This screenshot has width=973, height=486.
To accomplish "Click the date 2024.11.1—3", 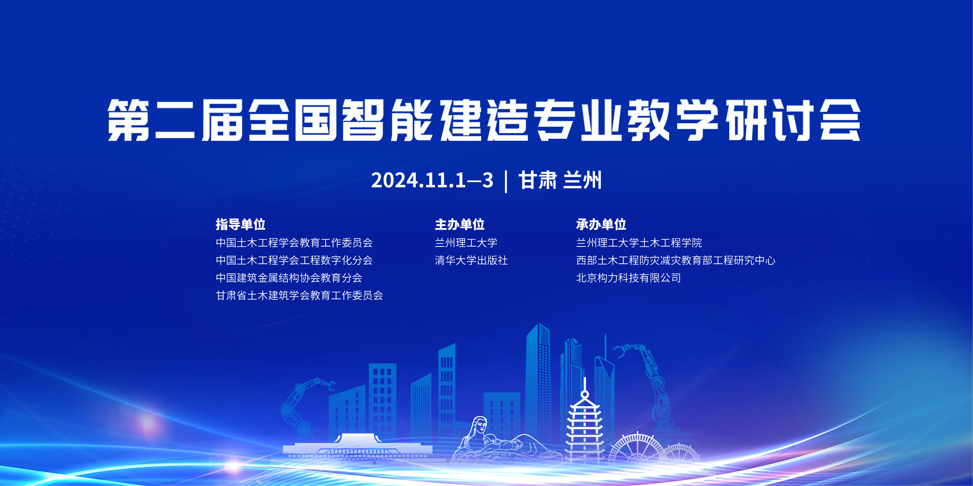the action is click(x=432, y=180).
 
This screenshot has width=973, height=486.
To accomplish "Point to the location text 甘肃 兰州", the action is click(x=560, y=180).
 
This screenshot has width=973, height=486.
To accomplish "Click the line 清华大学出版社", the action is click(x=471, y=260).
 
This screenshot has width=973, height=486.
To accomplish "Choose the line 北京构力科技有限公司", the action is click(x=628, y=278).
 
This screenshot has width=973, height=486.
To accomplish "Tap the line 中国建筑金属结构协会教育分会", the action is click(x=289, y=278).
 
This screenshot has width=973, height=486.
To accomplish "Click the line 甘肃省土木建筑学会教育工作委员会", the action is click(x=300, y=295).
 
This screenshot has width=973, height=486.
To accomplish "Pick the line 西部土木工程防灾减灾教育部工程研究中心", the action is click(x=676, y=260).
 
